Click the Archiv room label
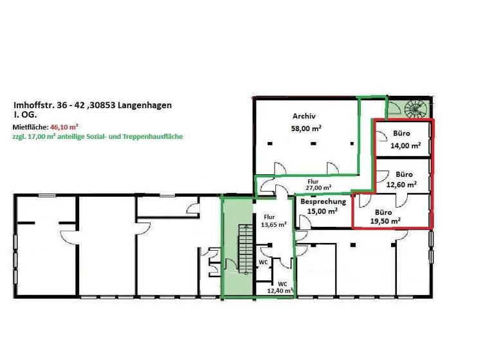303,116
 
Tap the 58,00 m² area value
306,129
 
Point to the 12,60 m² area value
401,184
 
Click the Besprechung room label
324,201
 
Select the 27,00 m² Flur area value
319,188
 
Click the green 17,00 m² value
41,137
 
